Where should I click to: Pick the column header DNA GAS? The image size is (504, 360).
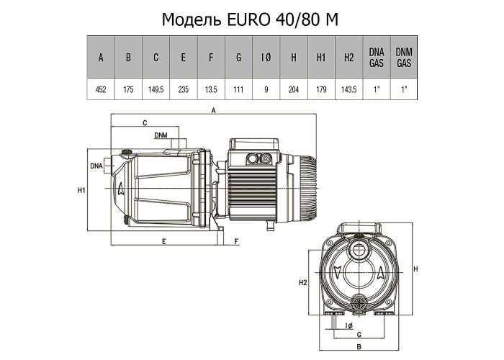[x=376, y=58]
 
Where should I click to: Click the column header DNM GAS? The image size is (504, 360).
[x=403, y=58]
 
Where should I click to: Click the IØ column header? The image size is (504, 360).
[x=266, y=58]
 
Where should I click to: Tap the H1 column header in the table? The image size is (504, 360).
[x=321, y=58]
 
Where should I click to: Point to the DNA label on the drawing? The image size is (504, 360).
[x=97, y=166]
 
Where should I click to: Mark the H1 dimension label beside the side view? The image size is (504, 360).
[x=81, y=190]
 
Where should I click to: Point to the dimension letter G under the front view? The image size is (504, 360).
[x=358, y=335]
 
